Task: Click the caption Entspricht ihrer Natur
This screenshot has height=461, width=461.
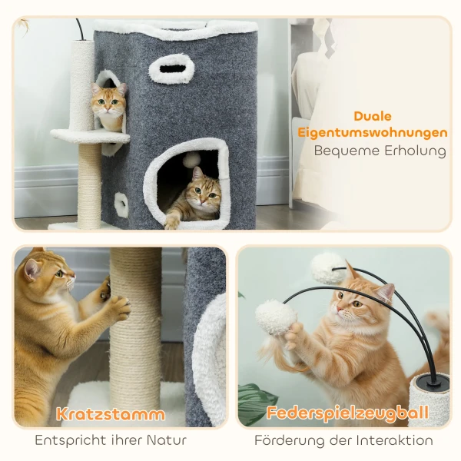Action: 111,441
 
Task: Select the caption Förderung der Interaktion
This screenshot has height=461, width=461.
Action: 343,441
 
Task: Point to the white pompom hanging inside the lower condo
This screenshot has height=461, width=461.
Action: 191,160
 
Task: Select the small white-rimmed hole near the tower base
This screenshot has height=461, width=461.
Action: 121,204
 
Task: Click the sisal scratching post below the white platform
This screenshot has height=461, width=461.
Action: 89,184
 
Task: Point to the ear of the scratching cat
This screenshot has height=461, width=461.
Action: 32,267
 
